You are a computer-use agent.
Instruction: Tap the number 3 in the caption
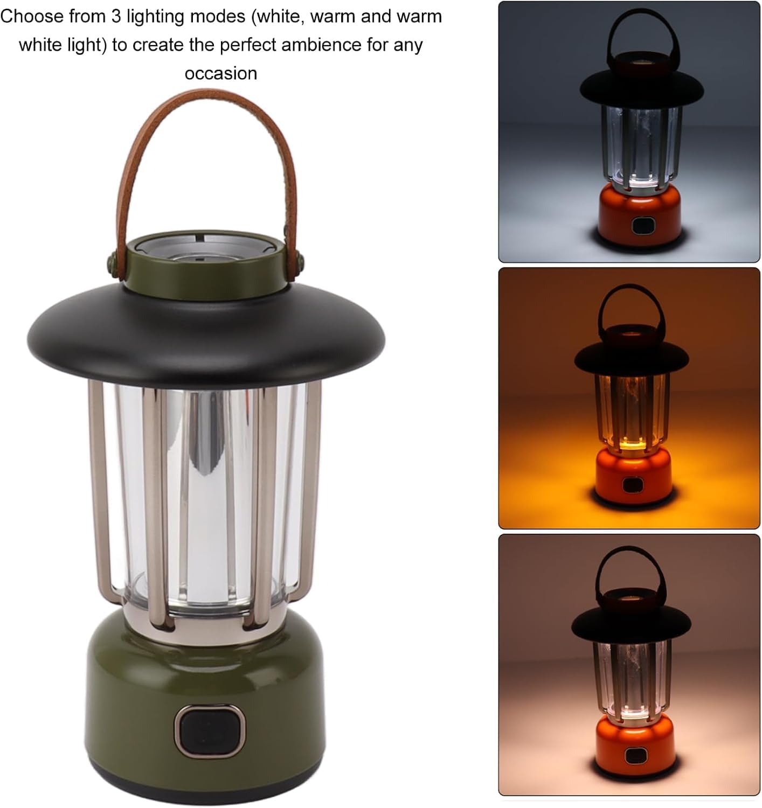117,17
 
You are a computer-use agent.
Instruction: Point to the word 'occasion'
221,74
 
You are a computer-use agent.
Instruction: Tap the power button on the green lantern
210,732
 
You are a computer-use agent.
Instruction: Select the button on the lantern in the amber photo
631,485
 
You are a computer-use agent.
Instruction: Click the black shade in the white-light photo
642,87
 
